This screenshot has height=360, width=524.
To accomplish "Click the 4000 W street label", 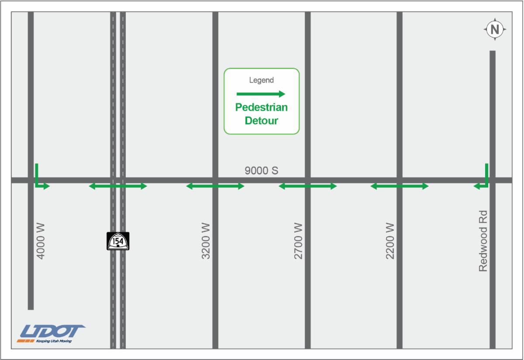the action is click(41, 241).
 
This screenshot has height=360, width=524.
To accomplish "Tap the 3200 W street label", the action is click(206, 241).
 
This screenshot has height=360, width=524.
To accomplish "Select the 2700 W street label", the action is click(298, 241).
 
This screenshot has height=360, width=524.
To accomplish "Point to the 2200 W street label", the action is click(390, 241).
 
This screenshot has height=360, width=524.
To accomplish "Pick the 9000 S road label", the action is click(261, 171).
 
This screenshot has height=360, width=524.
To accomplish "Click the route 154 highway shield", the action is click(118, 241).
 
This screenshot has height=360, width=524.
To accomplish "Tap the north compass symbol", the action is click(495, 30).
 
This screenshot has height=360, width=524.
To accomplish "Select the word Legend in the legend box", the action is click(261, 80).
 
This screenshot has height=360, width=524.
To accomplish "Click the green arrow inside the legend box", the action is click(261, 94).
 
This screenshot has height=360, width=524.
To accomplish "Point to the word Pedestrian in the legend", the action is click(262, 107).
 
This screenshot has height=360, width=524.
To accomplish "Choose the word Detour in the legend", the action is click(262, 121).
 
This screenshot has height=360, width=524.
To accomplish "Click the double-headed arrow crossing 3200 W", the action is click(215, 186).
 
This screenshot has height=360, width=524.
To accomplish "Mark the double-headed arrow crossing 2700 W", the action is click(308, 186).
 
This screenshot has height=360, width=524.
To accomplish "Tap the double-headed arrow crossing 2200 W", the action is click(400, 186).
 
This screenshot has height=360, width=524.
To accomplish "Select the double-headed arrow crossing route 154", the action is click(118, 186).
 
